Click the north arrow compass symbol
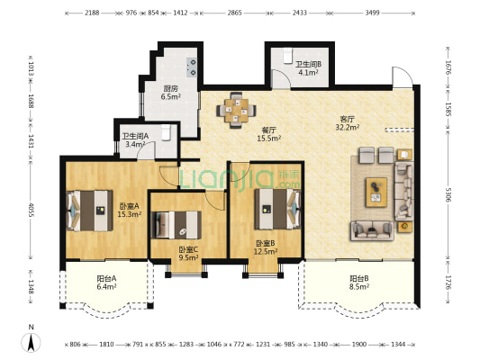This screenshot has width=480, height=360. point(31,343)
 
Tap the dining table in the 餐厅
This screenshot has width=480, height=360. point(236,110)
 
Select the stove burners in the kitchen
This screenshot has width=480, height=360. point(193,67)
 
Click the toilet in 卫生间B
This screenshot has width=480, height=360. point(288,56)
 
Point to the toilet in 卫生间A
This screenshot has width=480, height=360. point(166,132)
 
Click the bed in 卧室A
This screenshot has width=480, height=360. point(89,211)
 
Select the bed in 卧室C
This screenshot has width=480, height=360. point(177,225)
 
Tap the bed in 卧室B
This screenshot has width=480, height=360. point(277,209)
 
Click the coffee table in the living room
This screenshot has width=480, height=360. point(376,192)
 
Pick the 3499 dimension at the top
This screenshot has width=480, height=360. point(372,13)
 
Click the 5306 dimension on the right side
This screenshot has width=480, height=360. point(448,194)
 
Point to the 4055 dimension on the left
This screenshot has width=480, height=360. point(31,210)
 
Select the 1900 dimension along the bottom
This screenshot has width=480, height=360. point(359,345)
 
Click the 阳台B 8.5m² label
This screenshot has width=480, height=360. point(359,283)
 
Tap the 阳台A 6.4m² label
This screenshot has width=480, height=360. point(106,283)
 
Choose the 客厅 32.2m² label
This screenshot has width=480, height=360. point(347,123)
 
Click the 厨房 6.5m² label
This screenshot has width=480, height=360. point(170,93)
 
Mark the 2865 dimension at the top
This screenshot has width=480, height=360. point(234,13)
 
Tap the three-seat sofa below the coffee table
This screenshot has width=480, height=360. point(372,230)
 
